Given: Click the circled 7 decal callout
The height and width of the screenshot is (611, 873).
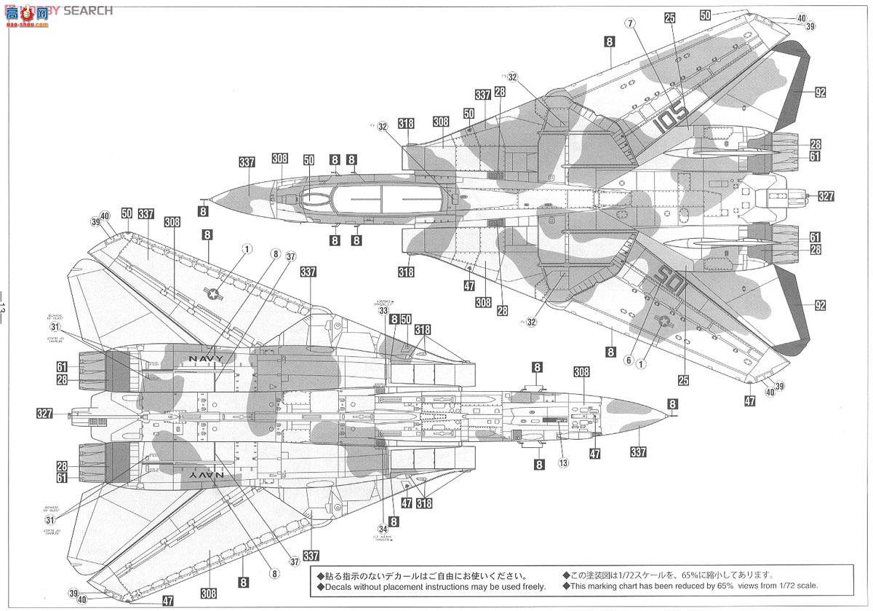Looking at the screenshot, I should click(x=629, y=23).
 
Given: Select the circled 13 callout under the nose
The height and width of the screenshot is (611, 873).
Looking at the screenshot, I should click(x=563, y=462).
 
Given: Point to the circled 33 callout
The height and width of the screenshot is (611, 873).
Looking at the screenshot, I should click(x=383, y=310).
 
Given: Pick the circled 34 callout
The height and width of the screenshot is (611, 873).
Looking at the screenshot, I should click(x=383, y=528).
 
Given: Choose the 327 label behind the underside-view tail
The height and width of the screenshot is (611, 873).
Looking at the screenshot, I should click(x=45, y=414).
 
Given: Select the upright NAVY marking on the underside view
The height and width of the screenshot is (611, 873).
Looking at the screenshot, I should click(x=207, y=359).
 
